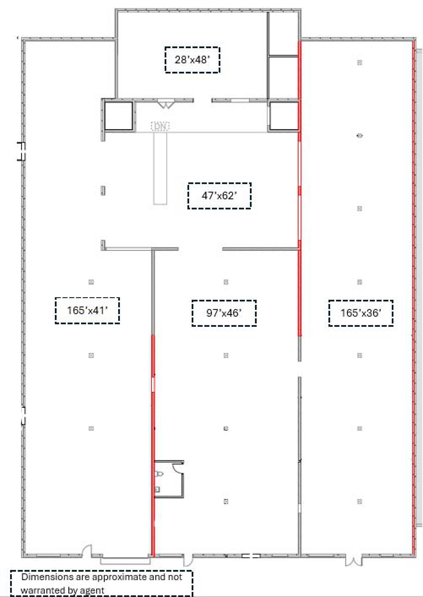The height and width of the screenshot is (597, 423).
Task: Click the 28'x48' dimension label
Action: pos(192,60)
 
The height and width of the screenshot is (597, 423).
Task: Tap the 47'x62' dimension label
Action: pos(219,196)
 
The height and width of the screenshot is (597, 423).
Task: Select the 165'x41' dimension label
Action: pos(87,310)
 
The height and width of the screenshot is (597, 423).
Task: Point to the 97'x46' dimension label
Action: pos(224,313)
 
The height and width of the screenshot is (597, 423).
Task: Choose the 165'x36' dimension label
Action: pos(361,313)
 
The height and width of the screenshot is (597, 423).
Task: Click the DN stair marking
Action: pos(160,126)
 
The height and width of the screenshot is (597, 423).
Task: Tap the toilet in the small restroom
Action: pos(159,473)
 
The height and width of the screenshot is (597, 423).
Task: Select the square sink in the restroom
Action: pos(157,489)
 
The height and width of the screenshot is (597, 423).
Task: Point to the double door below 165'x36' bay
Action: pos(354,561)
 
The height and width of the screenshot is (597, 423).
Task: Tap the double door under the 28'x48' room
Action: pos(166,104)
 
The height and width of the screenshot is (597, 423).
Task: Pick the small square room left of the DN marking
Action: pos(119,116)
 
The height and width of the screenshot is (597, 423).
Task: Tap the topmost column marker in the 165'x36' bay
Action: pos(360,62)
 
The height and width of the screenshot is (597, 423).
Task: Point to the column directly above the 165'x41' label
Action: pos(91,282)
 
